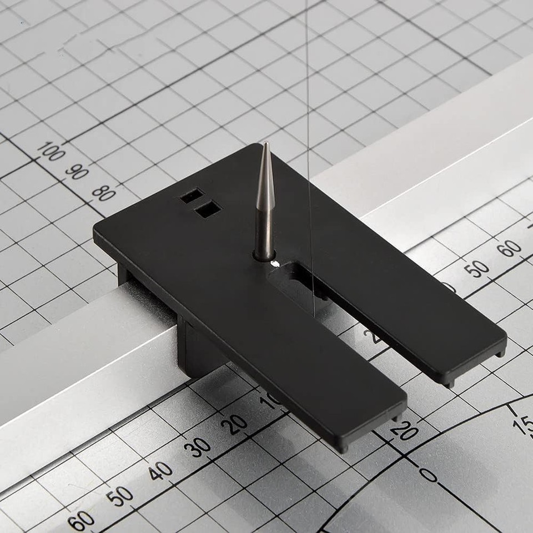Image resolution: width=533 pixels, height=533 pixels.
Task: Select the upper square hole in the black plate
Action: click(x=192, y=195)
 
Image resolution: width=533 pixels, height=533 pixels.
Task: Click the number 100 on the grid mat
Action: click(x=51, y=152)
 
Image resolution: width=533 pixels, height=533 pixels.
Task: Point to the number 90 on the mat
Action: click(x=77, y=171)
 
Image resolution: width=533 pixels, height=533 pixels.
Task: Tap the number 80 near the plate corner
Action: click(x=104, y=193)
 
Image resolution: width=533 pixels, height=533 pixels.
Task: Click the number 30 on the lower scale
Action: click(x=197, y=447)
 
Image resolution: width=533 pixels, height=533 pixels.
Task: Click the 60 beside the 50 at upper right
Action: click(x=509, y=248)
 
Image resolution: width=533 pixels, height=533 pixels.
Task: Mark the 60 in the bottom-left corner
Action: click(x=81, y=521)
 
